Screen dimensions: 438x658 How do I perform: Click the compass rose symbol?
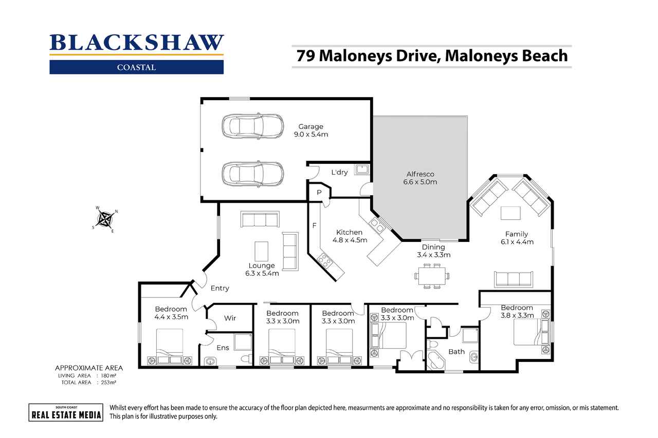[x=105, y=219]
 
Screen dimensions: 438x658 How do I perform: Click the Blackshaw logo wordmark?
[x=136, y=43]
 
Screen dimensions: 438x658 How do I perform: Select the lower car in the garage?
[x=252, y=174]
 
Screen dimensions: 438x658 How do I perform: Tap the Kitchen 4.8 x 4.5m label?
[x=350, y=236]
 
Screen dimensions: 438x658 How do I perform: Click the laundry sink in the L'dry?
[x=362, y=168]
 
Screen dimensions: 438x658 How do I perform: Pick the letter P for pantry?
[x=319, y=192]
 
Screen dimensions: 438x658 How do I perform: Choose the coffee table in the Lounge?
[x=262, y=251]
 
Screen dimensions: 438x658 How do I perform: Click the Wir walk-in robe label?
[x=230, y=318]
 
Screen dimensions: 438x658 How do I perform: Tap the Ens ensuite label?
[x=223, y=348]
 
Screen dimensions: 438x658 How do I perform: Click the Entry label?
[x=220, y=288]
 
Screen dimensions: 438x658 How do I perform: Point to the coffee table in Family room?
[x=510, y=213]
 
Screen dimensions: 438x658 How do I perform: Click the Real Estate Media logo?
[x=65, y=412]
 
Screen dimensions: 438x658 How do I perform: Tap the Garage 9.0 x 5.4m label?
[x=311, y=130]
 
